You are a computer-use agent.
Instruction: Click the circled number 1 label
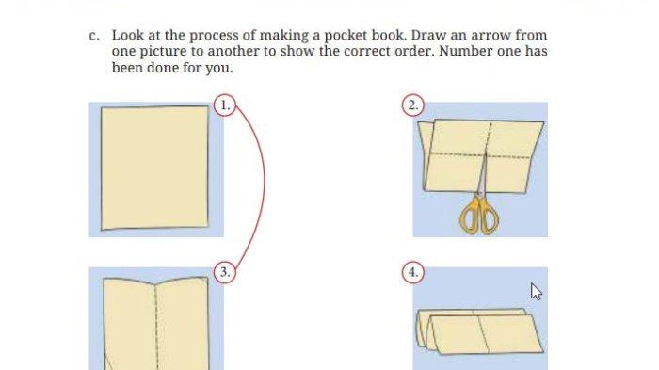coord(225,105)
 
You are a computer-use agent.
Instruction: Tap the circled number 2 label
coord(413,105)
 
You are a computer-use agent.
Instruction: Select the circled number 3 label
coord(225,271)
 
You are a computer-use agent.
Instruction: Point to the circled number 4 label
coord(413,271)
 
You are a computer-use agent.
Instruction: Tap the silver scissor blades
coord(483,174)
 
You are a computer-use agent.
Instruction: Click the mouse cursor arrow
coord(536,292)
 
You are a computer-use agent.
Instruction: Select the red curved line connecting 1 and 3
coord(265,181)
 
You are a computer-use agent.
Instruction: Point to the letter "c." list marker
coord(94,36)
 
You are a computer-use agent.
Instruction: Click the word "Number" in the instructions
coord(465,51)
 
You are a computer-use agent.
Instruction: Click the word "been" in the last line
coord(127,67)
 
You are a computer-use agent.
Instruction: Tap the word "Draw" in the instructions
coord(428,35)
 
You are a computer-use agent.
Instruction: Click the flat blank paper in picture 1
coord(154,168)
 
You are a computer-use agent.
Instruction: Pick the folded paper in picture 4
coord(479,331)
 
